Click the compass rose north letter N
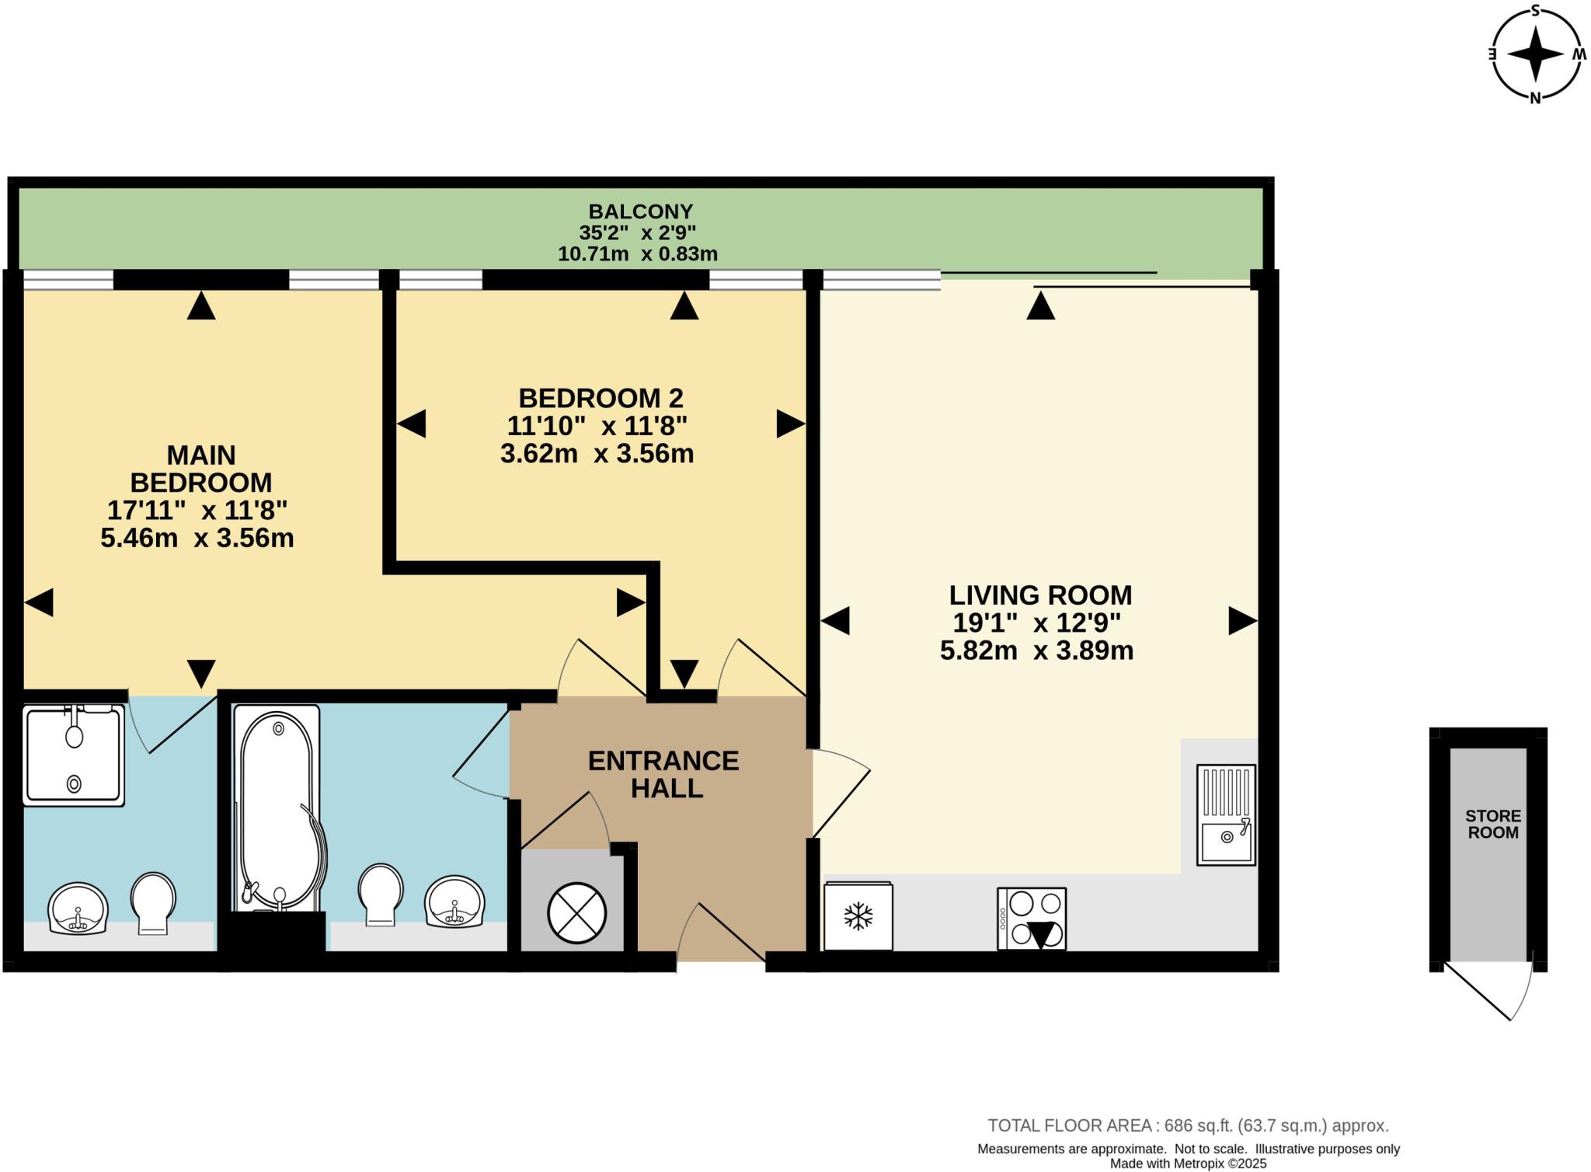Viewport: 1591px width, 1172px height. click(x=1535, y=98)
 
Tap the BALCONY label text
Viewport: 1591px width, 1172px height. click(x=640, y=211)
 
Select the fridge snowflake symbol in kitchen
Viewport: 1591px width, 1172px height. click(x=858, y=916)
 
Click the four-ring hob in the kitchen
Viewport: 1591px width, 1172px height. click(x=1032, y=918)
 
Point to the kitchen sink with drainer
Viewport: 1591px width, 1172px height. click(x=1226, y=814)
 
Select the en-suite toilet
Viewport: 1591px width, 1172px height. click(x=152, y=902)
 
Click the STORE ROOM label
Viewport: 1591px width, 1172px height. click(x=1492, y=824)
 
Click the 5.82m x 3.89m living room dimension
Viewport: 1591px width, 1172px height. click(x=1036, y=651)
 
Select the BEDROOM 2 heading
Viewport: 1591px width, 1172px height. click(x=601, y=398)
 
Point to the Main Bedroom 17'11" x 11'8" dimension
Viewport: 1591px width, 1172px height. click(x=197, y=511)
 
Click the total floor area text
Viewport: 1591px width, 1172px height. click(x=1188, y=1125)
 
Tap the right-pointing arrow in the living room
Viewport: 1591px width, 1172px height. click(x=1241, y=621)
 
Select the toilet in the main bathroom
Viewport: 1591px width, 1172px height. click(x=381, y=894)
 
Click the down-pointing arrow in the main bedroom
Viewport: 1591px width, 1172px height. click(x=201, y=672)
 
